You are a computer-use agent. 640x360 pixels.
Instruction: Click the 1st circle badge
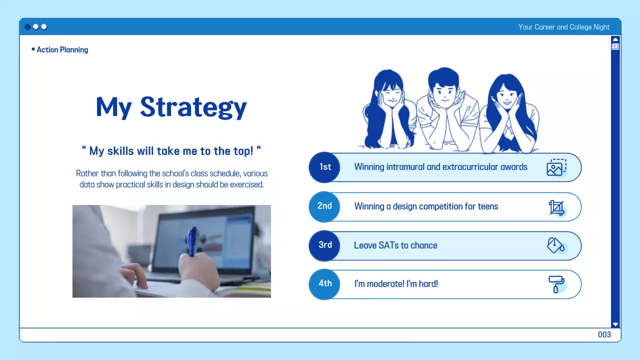click(x=325, y=167)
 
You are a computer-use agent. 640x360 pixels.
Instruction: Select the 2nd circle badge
click(x=324, y=206)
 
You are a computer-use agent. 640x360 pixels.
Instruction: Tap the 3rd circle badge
click(x=325, y=245)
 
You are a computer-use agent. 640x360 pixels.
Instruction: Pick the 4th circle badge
click(x=325, y=283)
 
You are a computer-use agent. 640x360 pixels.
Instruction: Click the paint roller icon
click(x=556, y=284)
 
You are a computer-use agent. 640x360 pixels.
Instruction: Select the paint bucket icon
click(x=556, y=245)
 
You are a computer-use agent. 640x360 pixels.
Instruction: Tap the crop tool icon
click(x=556, y=207)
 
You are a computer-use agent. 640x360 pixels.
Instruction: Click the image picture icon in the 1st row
click(x=556, y=167)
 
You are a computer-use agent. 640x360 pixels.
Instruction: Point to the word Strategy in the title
click(x=193, y=107)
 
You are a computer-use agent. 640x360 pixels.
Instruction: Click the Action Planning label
click(x=62, y=49)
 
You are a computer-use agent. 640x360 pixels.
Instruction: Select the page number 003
click(x=604, y=334)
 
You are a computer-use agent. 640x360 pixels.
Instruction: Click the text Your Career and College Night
click(x=563, y=27)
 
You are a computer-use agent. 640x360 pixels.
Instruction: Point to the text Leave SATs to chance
click(x=395, y=245)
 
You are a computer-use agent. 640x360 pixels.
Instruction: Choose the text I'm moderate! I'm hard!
click(x=396, y=284)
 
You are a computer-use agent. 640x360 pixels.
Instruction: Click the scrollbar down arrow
click(x=615, y=324)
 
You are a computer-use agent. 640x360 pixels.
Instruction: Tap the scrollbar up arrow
click(x=615, y=39)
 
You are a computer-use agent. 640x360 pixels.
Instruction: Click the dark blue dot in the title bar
click(x=28, y=27)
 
